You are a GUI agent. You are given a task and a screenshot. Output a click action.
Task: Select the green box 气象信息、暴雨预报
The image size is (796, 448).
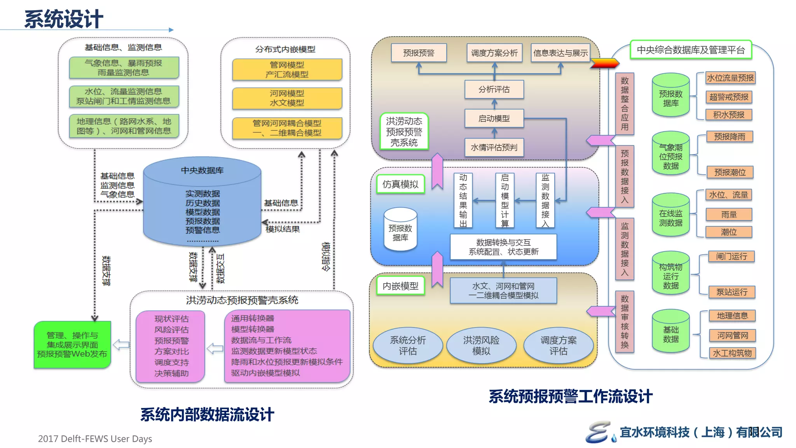click(x=124, y=68)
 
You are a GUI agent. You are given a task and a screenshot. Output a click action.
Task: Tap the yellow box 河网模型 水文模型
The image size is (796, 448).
click(x=287, y=98)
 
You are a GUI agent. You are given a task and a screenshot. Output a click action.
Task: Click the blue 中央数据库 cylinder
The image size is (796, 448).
click(x=202, y=202)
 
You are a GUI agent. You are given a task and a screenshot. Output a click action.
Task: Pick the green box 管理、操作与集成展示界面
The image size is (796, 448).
click(x=72, y=345)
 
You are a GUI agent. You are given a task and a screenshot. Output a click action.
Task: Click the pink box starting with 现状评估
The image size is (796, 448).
click(x=171, y=346)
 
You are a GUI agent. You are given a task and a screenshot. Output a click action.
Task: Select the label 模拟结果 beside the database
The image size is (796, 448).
click(x=283, y=229)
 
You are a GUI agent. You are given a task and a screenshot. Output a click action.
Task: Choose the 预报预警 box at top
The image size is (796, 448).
click(x=419, y=53)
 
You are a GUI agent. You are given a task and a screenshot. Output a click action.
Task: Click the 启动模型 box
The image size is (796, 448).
click(x=494, y=118)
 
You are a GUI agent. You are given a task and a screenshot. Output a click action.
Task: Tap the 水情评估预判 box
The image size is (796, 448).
click(x=494, y=147)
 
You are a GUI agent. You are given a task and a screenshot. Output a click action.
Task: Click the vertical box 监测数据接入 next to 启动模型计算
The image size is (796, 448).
click(x=545, y=200)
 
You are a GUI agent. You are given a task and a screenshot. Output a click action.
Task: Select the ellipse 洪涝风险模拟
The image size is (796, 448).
click(x=481, y=345)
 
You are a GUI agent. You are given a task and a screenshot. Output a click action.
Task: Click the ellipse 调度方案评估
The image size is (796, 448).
click(x=558, y=345)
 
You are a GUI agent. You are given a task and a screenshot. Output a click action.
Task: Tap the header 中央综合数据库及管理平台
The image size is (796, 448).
click(x=691, y=50)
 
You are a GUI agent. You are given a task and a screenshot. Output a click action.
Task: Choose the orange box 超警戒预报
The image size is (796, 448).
click(x=729, y=97)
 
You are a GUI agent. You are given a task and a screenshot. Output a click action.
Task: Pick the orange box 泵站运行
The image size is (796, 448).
click(x=731, y=292)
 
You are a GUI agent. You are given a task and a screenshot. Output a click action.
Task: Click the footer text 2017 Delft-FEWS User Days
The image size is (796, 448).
click(x=95, y=439)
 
